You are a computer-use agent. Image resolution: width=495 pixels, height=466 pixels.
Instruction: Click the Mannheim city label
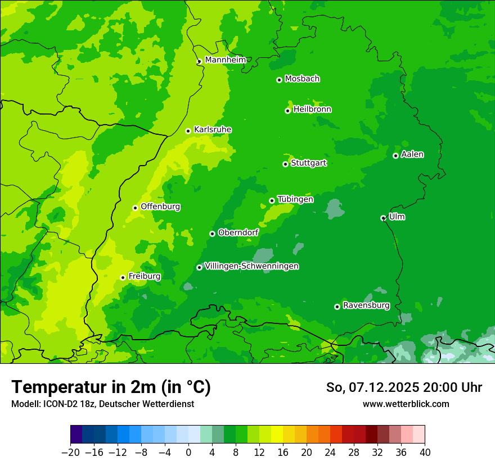[225, 60]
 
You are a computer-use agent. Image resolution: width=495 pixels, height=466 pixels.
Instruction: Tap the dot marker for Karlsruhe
[188, 131]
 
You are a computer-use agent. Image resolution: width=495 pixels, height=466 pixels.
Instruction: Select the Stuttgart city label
[308, 163]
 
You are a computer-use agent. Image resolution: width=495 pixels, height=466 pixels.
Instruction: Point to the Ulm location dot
[383, 218]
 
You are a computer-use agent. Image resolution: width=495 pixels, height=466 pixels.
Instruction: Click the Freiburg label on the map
[144, 276]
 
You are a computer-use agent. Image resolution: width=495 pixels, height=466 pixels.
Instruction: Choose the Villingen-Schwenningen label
[251, 266]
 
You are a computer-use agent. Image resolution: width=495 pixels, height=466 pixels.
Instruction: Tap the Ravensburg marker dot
[337, 307]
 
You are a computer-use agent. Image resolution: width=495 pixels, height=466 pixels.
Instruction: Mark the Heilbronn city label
[312, 109]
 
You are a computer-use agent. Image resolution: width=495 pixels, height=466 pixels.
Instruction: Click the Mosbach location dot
[279, 80]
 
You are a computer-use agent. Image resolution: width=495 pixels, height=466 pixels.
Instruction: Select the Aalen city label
[412, 154]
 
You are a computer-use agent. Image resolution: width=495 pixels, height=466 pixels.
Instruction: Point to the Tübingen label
[295, 199]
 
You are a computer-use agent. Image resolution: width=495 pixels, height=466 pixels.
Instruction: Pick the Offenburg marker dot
[135, 208]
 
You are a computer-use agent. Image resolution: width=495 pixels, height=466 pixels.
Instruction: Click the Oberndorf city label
[238, 232]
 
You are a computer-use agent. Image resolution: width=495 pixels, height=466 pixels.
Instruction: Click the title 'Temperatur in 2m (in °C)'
[111, 387]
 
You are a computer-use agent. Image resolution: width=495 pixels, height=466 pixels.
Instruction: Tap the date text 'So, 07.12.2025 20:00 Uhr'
[404, 387]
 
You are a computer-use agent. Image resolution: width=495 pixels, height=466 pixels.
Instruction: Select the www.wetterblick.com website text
[406, 404]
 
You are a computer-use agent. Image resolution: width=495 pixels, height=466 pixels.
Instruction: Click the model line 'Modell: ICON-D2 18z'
[102, 404]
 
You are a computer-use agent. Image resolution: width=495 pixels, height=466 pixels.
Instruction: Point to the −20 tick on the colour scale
[70, 453]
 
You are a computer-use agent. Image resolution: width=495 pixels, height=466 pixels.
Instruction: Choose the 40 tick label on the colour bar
[425, 453]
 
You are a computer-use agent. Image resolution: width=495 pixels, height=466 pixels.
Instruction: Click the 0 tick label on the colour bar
[188, 453]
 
